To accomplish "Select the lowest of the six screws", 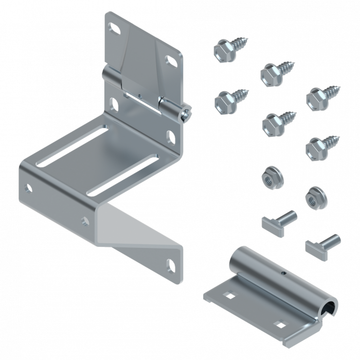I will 319,147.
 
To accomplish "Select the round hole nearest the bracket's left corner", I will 29,187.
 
